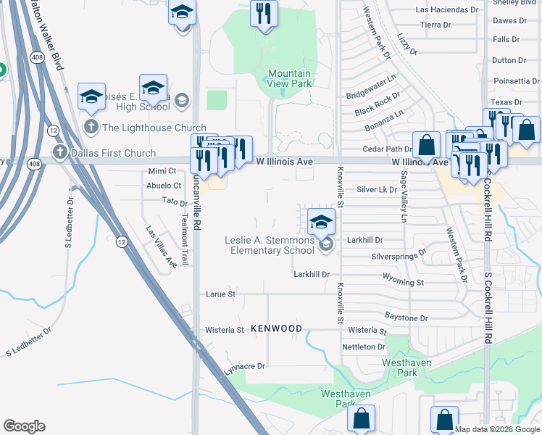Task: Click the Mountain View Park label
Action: pyautogui.click(x=289, y=78)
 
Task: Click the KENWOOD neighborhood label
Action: pyautogui.click(x=276, y=328)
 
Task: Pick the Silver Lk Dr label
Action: pyautogui.click(x=377, y=189)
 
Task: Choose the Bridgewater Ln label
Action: pyautogui.click(x=371, y=86)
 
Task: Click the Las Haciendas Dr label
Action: pyautogui.click(x=446, y=10)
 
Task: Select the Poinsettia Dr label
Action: pyautogui.click(x=515, y=81)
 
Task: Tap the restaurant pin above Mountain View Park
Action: pyautogui.click(x=264, y=13)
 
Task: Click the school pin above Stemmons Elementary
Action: pyautogui.click(x=321, y=221)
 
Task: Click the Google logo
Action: pyautogui.click(x=24, y=426)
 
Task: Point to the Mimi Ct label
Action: pyautogui.click(x=162, y=171)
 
